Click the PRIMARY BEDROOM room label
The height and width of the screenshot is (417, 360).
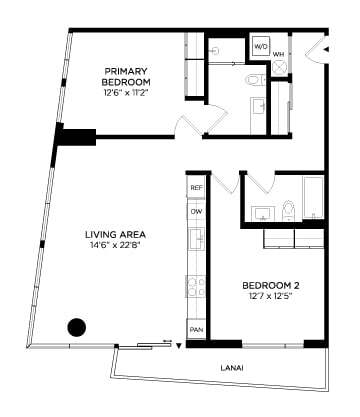(x=126, y=75)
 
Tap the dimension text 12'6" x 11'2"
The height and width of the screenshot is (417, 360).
(x=126, y=92)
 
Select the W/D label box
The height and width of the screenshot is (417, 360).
(x=260, y=46)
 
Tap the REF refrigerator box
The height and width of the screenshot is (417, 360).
(x=196, y=188)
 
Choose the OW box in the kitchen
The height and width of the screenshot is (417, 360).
(x=196, y=211)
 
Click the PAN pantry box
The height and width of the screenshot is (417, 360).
(x=196, y=329)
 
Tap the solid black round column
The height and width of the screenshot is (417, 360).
(x=75, y=327)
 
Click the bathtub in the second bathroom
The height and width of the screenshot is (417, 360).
(x=313, y=198)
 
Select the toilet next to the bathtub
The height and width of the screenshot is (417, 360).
(x=288, y=209)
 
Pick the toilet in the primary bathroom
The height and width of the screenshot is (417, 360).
(x=253, y=79)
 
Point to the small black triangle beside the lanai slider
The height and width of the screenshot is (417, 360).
(x=178, y=347)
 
